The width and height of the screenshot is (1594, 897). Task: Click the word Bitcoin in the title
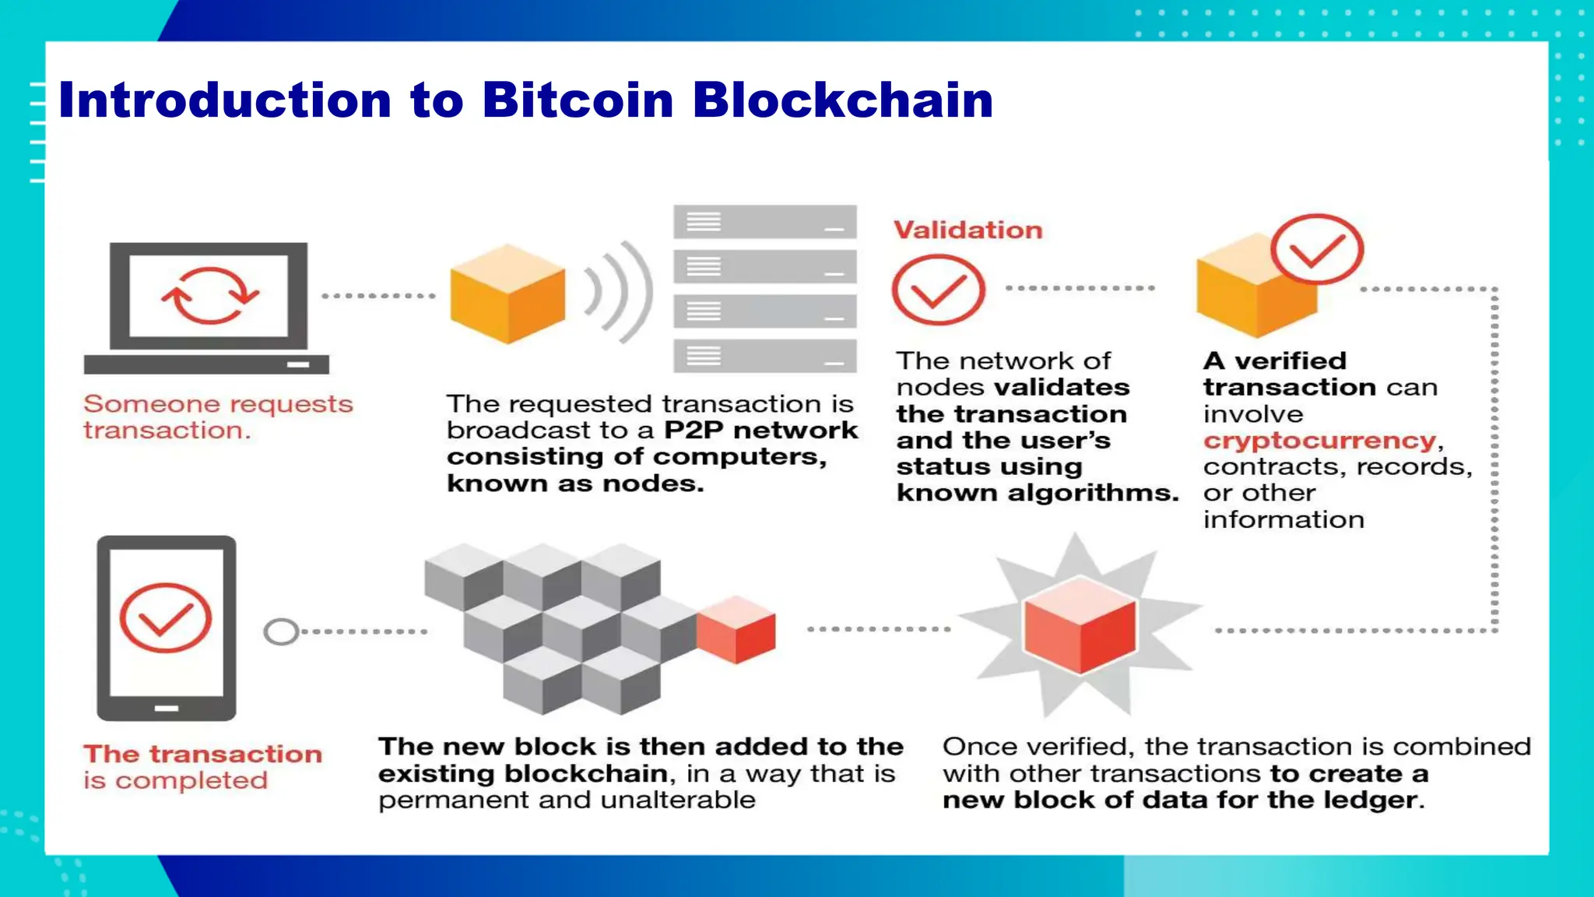[578, 100]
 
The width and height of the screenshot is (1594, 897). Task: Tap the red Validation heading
[967, 230]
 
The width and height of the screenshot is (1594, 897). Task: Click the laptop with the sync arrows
[208, 307]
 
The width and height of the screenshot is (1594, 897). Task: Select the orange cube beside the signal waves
[507, 294]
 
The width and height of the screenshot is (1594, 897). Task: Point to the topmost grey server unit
[764, 222]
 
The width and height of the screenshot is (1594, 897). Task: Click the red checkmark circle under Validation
[938, 290]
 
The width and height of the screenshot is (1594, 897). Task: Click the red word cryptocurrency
[1319, 441]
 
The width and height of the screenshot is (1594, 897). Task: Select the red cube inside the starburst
[1080, 625]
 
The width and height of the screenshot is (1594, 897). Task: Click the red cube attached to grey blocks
[736, 629]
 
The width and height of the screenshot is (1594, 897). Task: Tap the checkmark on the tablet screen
[165, 617]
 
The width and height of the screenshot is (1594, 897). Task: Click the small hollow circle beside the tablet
[281, 631]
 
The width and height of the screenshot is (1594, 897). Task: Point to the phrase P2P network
[760, 431]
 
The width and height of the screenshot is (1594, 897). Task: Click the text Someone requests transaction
[218, 417]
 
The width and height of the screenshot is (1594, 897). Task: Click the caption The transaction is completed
[202, 767]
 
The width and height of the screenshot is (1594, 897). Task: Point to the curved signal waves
[619, 292]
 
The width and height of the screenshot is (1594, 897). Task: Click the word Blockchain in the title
[842, 100]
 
